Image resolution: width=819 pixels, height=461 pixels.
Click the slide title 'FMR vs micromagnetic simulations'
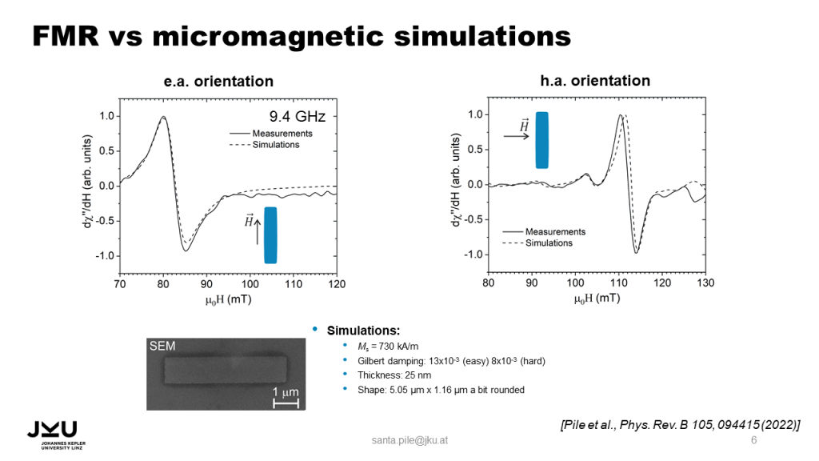click(x=301, y=35)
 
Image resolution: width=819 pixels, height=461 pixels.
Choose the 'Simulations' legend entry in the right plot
click(x=549, y=243)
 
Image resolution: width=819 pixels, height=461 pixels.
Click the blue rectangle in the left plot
click(x=270, y=235)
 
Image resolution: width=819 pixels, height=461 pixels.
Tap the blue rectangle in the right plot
click(x=542, y=140)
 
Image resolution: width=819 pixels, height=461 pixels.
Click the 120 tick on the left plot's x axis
click(x=337, y=284)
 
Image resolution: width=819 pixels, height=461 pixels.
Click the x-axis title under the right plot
click(x=596, y=299)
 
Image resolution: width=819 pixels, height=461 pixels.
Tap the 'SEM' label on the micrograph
click(x=162, y=346)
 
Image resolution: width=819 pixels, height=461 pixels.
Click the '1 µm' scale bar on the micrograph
click(x=286, y=396)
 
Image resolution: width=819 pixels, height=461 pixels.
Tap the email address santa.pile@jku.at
click(x=409, y=441)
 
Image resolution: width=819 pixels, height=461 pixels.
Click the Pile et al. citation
click(x=681, y=423)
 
